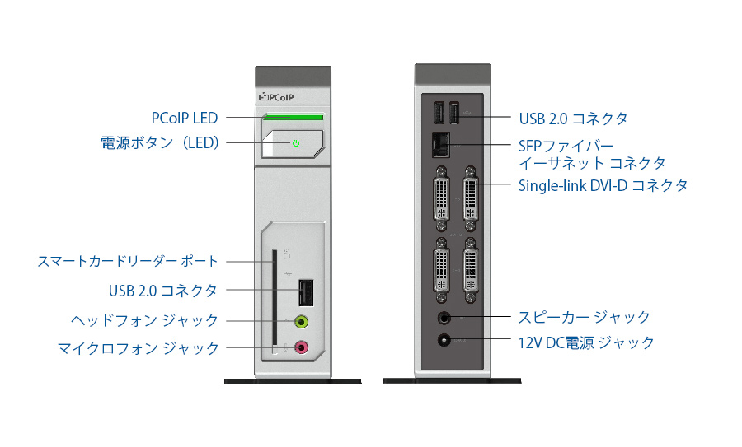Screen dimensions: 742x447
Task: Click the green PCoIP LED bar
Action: [x=294, y=117]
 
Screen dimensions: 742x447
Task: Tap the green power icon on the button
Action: [x=296, y=143]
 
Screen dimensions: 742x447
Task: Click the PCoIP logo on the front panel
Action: [x=276, y=97]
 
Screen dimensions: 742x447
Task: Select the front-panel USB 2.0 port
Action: [x=306, y=292]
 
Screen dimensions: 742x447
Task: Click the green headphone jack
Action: [x=302, y=322]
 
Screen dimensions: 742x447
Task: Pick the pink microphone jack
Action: [x=302, y=347]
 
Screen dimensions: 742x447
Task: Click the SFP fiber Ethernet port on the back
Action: [x=441, y=145]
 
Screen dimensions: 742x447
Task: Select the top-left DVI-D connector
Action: [x=442, y=198]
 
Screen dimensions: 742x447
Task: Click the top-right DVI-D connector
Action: [x=471, y=198]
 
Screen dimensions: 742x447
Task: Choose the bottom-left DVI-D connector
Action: [x=442, y=270]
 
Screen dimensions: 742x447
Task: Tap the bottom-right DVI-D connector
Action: [x=471, y=270]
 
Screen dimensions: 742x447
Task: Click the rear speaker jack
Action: [x=444, y=318]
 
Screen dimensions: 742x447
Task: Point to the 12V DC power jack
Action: [x=444, y=340]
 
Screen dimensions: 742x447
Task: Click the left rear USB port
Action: [x=439, y=114]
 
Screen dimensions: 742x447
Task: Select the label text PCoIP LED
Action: [x=185, y=118]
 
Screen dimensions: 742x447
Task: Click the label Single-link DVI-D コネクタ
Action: [x=603, y=186]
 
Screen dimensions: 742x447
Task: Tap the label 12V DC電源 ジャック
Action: [x=586, y=342]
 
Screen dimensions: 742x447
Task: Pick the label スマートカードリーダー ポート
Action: [x=128, y=261]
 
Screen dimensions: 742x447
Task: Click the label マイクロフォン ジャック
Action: [x=139, y=349]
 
